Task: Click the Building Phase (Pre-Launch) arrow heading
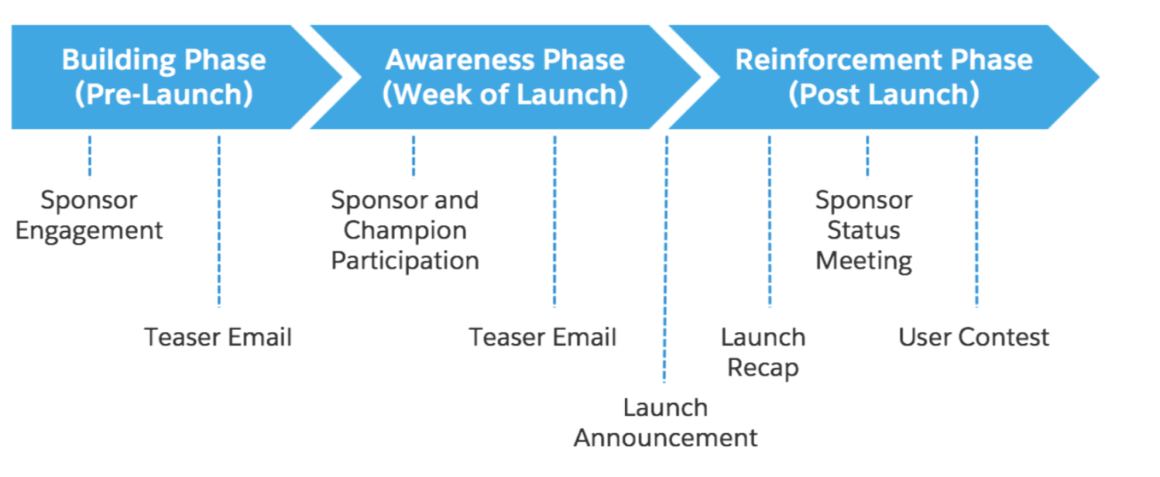(x=163, y=77)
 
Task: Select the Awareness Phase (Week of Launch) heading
(x=505, y=77)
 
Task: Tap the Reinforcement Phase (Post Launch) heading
(x=884, y=77)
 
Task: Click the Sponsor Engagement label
(x=89, y=215)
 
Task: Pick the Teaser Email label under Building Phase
(x=218, y=337)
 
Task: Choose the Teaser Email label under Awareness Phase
(x=543, y=337)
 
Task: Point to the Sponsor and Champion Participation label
(x=405, y=231)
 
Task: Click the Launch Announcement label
(x=665, y=423)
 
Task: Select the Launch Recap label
(x=764, y=352)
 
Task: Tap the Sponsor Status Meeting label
(x=863, y=231)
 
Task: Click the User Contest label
(x=973, y=337)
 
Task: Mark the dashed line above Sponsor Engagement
(x=90, y=156)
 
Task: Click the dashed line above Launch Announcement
(x=665, y=259)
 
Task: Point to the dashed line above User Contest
(x=976, y=221)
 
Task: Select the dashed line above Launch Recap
(x=770, y=221)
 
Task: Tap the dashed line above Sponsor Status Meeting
(x=868, y=156)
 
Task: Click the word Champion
(x=405, y=231)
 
